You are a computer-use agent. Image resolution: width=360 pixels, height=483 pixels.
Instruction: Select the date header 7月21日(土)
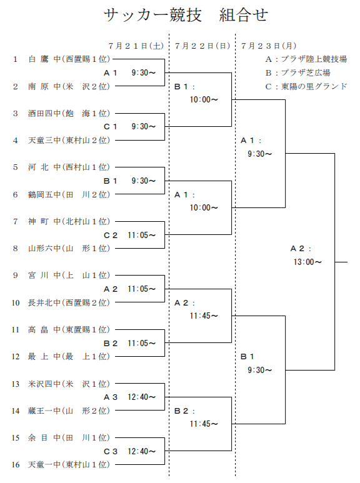136,46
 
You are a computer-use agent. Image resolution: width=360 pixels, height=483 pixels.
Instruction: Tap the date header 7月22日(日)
202,46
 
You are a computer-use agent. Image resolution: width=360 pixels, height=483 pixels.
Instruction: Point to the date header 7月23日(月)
269,46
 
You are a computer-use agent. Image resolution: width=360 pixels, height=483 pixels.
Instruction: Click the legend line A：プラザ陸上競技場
305,59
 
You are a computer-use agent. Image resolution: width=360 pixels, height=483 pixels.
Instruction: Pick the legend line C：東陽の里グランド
306,86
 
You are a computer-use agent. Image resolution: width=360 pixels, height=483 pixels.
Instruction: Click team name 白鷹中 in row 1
43,59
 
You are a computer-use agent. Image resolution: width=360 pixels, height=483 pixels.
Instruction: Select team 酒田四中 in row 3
44,113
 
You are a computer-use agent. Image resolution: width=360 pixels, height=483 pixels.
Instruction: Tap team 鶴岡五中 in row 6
44,194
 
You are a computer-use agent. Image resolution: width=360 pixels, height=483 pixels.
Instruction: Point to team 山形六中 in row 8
44,248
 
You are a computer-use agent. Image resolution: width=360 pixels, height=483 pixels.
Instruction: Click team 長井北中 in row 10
44,302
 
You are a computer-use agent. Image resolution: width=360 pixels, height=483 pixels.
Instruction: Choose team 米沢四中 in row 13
44,383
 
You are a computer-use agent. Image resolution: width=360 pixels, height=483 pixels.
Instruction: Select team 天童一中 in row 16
44,464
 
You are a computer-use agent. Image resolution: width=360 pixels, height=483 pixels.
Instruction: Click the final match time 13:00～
307,262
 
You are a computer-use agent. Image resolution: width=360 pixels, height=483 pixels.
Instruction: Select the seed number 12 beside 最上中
16,356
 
